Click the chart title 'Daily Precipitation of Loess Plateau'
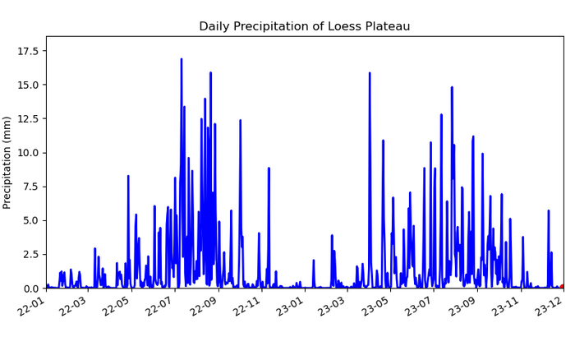pos(305,26)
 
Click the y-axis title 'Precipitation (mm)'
pos(7,163)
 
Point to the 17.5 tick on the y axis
pos(28,51)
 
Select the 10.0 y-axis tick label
pos(28,153)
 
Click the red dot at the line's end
pos(562,287)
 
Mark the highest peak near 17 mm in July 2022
pos(182,59)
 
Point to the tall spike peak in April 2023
pos(370,73)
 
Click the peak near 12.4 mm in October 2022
pos(240,120)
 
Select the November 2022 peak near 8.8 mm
pos(269,168)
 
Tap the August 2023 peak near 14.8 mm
pos(452,87)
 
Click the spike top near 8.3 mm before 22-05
pos(128,176)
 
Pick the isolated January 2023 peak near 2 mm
pos(314,261)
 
